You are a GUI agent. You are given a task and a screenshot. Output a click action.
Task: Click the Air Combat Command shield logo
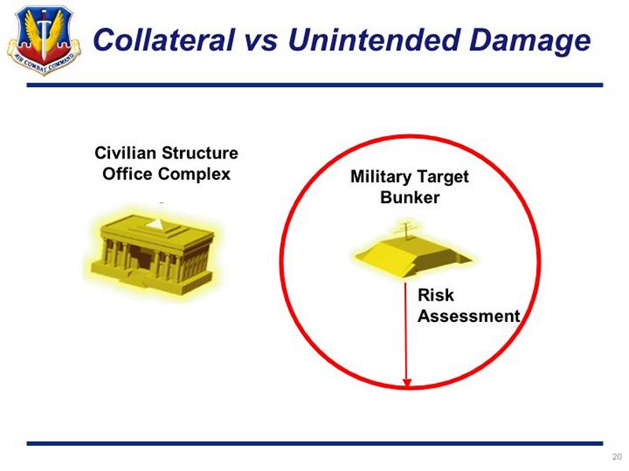pyautogui.click(x=44, y=39)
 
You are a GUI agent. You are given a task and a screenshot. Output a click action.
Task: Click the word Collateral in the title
pyautogui.click(x=164, y=40)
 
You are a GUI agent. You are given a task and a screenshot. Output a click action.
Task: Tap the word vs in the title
pyautogui.click(x=261, y=41)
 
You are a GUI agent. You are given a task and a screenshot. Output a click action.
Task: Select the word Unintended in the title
pyautogui.click(x=373, y=40)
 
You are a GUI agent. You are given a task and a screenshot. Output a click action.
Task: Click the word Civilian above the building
pyautogui.click(x=125, y=153)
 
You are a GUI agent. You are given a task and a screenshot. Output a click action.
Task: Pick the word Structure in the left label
pyautogui.click(x=200, y=153)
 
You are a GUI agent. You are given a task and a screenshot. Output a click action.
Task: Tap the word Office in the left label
pyautogui.click(x=127, y=173)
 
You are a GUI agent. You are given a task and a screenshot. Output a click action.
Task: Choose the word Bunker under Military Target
pyautogui.click(x=410, y=198)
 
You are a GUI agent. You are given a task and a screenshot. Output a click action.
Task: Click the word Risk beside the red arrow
pyautogui.click(x=436, y=295)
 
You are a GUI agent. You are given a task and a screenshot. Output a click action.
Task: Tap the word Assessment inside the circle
pyautogui.click(x=469, y=316)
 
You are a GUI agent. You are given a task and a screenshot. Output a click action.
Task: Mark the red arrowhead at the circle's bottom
pyautogui.click(x=406, y=383)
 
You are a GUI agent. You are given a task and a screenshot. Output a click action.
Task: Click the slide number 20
pyautogui.click(x=616, y=457)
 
